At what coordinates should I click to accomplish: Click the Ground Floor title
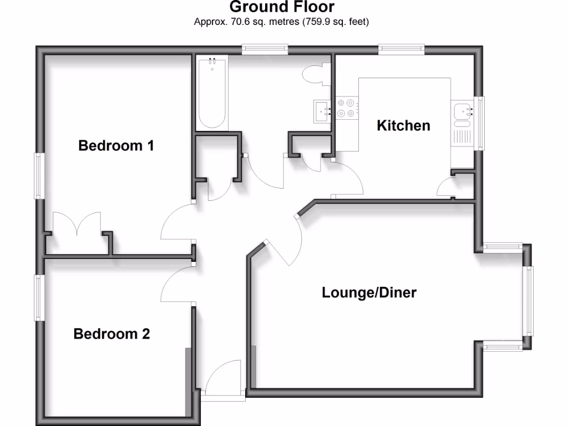(x=282, y=7)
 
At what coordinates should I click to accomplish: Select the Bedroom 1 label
(x=116, y=146)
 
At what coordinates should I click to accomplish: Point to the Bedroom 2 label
(x=111, y=334)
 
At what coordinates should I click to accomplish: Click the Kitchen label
(x=403, y=125)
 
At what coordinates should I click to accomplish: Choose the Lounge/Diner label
(x=369, y=292)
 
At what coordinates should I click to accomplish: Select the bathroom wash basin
(x=322, y=110)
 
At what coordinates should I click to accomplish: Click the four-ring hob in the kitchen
(x=346, y=108)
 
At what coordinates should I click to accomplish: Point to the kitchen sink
(x=461, y=111)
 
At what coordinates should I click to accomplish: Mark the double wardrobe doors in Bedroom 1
(x=77, y=225)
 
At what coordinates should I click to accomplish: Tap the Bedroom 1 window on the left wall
(x=39, y=176)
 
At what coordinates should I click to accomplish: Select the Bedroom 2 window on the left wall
(x=39, y=298)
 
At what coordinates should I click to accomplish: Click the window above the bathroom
(x=265, y=50)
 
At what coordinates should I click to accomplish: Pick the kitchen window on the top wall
(x=402, y=50)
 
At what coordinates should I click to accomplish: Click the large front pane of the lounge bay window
(x=529, y=301)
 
